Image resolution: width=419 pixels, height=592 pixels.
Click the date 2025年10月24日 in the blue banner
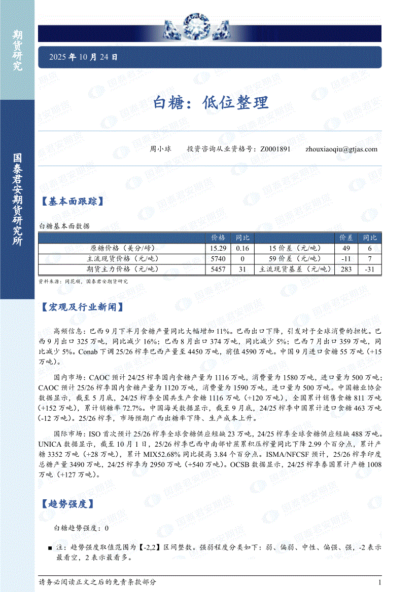click(x=83, y=58)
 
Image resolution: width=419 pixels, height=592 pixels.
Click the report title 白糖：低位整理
click(x=211, y=103)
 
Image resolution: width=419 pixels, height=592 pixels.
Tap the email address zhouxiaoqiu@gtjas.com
click(x=341, y=149)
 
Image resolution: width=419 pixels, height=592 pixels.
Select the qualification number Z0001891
click(x=275, y=149)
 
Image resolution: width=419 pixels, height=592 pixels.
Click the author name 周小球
click(x=160, y=149)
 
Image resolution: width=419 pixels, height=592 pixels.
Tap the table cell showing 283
click(x=346, y=269)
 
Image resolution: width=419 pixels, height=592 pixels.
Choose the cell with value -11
click(x=346, y=259)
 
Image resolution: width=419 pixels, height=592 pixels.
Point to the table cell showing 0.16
click(x=242, y=249)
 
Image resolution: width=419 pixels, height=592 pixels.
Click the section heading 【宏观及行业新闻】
click(x=81, y=307)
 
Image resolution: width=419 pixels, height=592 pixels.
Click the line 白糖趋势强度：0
click(x=81, y=528)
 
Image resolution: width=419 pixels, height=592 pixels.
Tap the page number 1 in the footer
click(x=379, y=582)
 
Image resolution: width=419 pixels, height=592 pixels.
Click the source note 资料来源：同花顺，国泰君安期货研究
click(x=83, y=281)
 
